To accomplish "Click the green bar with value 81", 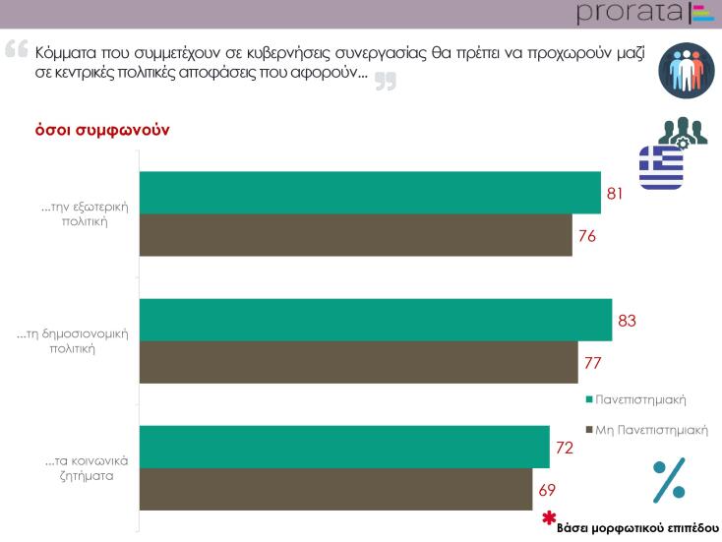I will coord(369,193).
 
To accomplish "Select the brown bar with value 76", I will coord(355,235).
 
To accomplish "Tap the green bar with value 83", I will coord(375,321).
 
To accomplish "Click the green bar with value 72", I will coord(344,448).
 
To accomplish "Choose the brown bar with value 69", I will coord(335,489).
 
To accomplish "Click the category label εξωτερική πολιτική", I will coord(86,214).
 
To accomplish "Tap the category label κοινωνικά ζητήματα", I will coord(87,468).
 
